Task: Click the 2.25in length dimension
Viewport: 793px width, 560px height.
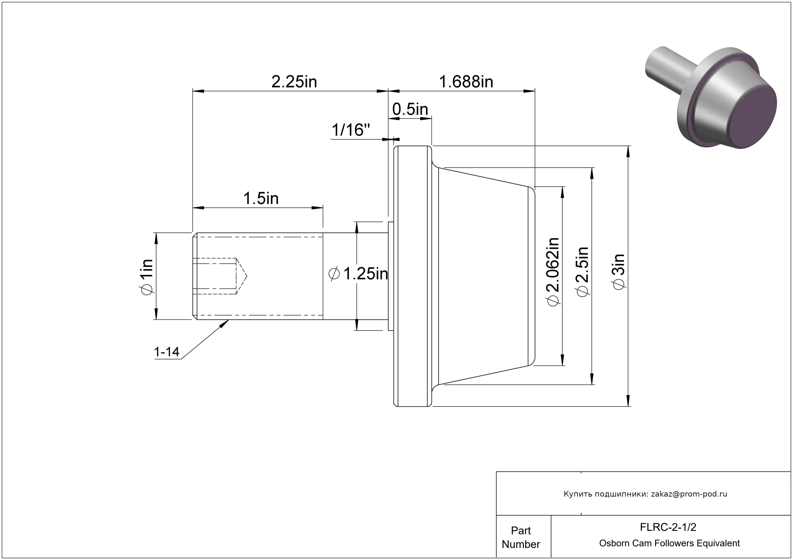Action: click(x=294, y=82)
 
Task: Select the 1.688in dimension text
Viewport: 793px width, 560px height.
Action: click(x=466, y=82)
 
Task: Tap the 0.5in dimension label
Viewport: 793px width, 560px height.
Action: click(x=410, y=109)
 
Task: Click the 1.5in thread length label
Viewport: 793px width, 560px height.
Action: click(x=261, y=198)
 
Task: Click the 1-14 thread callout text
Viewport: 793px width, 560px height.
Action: click(x=167, y=352)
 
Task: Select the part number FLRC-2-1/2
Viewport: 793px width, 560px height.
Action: click(x=668, y=527)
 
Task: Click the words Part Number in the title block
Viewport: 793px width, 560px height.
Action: click(x=521, y=537)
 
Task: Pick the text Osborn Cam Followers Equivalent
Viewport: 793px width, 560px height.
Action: click(x=669, y=543)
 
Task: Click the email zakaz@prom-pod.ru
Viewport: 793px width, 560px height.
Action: click(x=689, y=494)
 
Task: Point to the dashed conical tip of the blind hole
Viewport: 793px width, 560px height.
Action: click(x=241, y=276)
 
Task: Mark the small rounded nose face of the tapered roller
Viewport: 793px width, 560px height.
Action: click(x=532, y=276)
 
